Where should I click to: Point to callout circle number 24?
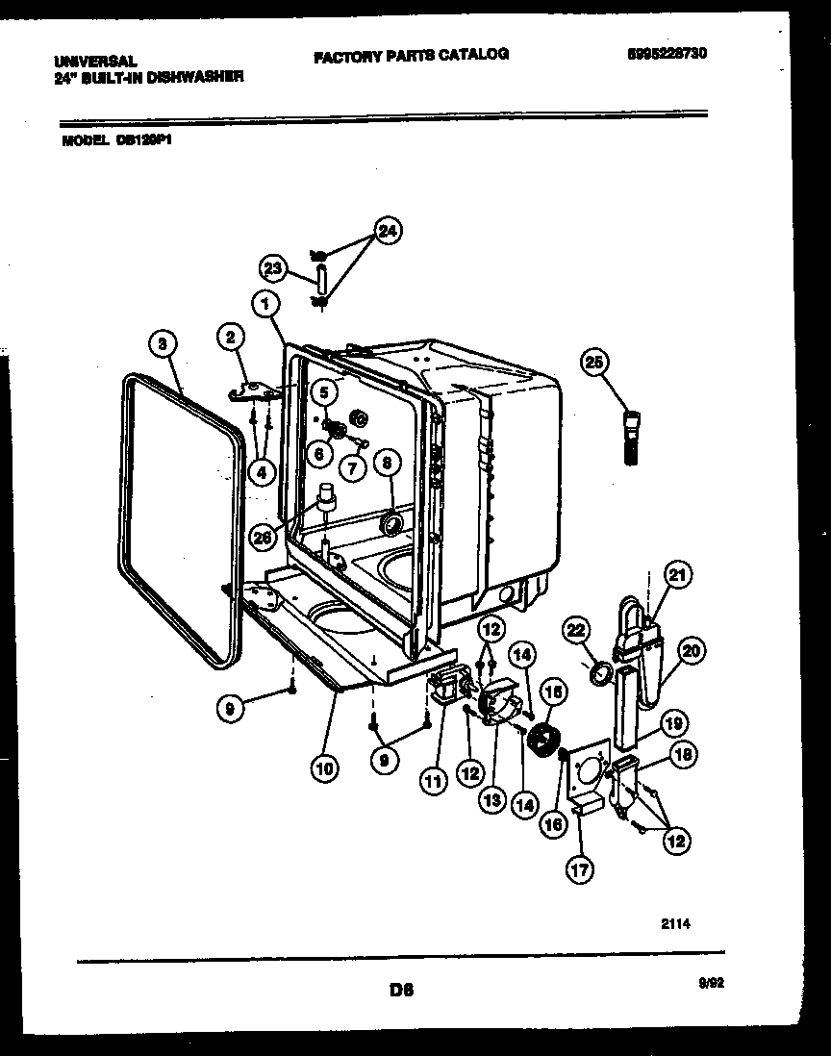pos(388,231)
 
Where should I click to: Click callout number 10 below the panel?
pos(325,768)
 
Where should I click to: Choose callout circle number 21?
pos(678,576)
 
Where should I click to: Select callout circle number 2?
pos(231,338)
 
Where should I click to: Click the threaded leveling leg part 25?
pos(633,438)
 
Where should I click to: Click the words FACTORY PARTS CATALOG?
pos(411,55)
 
